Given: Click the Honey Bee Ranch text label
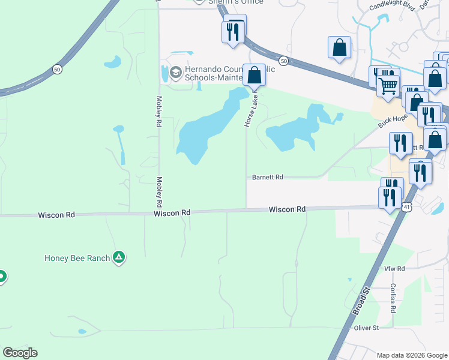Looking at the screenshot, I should [77, 258].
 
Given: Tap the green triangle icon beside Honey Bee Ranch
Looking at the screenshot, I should [119, 258].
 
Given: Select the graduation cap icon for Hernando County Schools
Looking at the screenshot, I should [175, 73].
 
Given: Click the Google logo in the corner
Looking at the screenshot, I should [20, 353].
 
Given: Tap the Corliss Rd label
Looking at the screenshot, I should [393, 298].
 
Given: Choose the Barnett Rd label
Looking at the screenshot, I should [267, 177].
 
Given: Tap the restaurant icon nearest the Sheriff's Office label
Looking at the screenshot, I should [234, 30].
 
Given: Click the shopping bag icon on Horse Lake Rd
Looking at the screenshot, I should [255, 76].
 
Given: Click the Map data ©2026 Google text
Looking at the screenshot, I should [411, 355].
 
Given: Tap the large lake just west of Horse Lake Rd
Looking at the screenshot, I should [204, 129].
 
